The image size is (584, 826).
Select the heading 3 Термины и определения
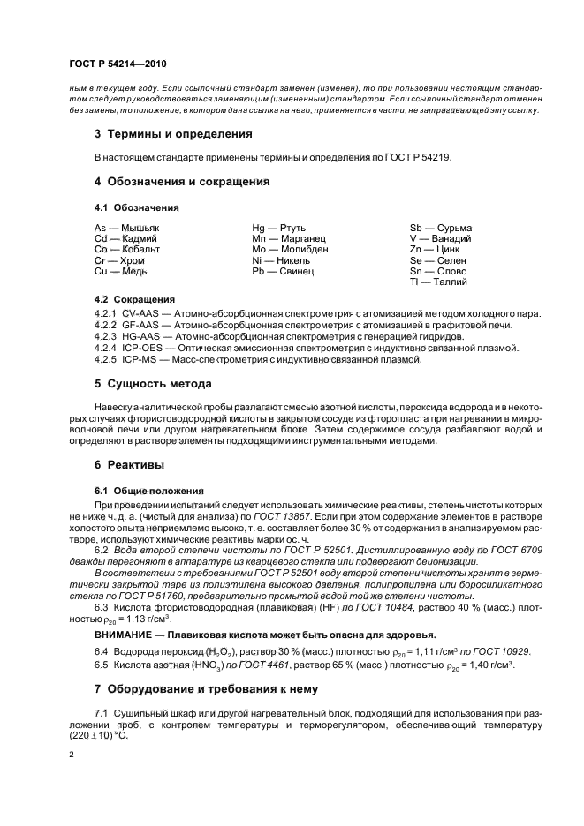click(x=173, y=134)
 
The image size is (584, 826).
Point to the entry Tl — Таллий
click(x=439, y=282)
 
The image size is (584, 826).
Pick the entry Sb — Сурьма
click(x=441, y=228)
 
